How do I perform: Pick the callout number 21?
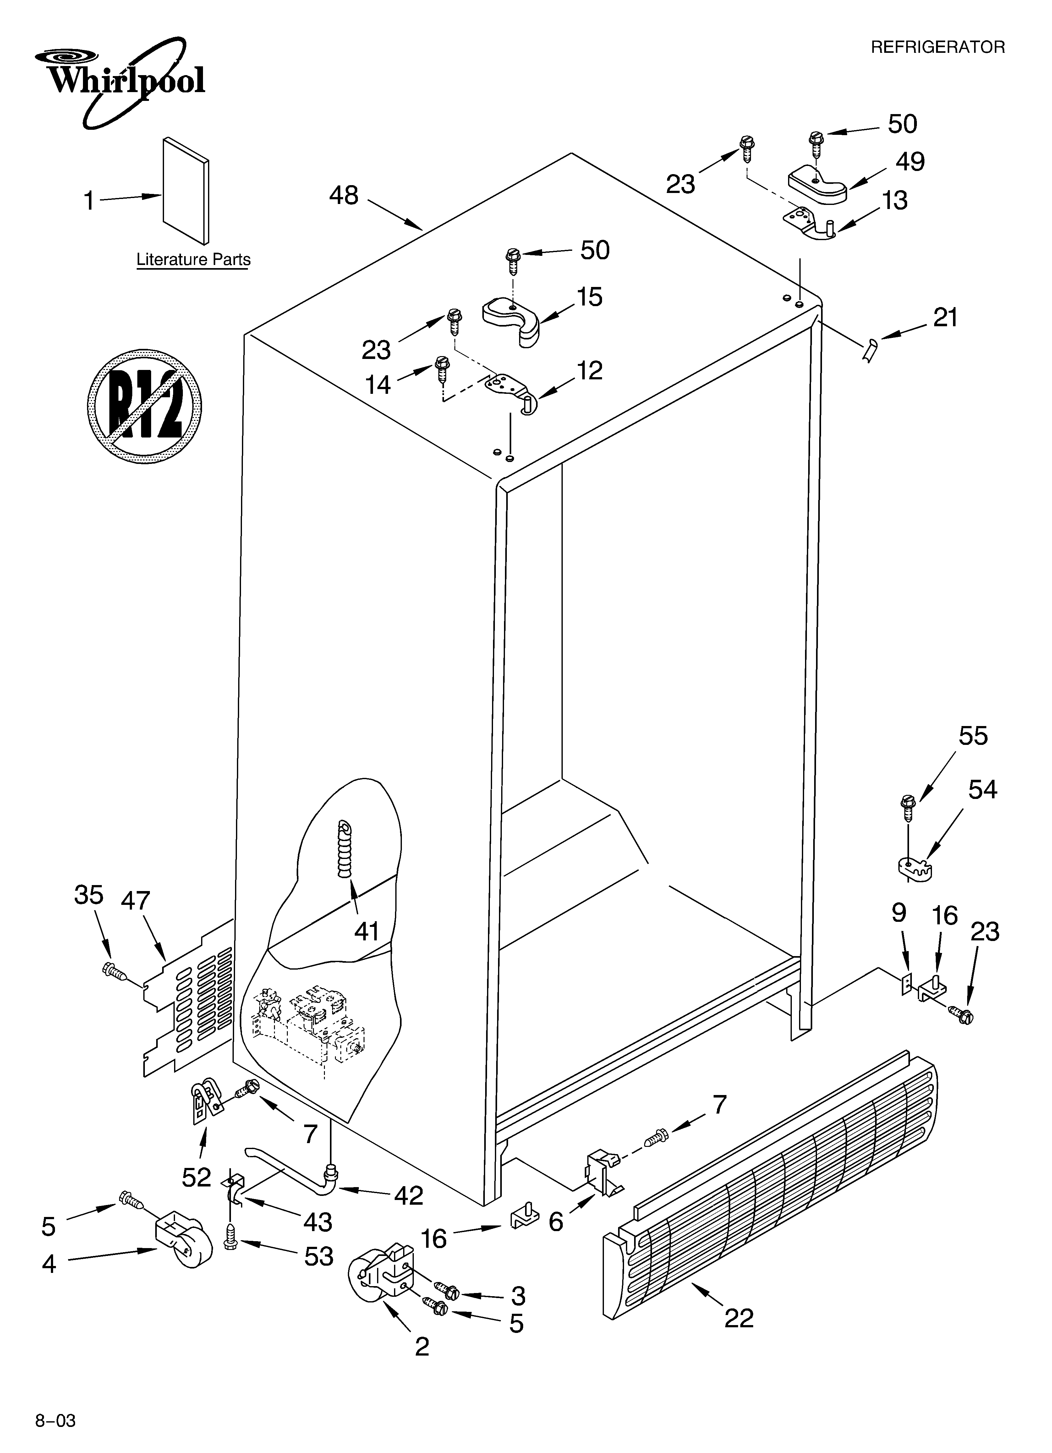(945, 317)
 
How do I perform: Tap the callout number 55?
(973, 735)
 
